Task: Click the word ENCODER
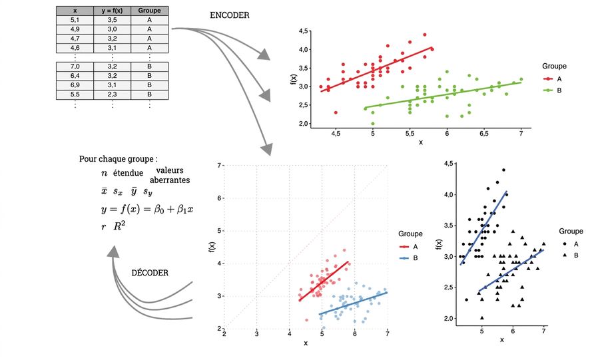[x=230, y=15]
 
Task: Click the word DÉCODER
[x=150, y=273]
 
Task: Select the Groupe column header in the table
[x=149, y=11]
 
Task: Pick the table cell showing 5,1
[x=75, y=20]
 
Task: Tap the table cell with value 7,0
[x=75, y=67]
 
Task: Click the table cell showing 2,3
[x=112, y=94]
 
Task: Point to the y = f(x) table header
[x=112, y=11]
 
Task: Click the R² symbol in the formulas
[x=119, y=226]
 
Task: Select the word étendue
[x=128, y=173]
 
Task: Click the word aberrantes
[x=170, y=180]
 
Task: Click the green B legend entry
[x=553, y=90]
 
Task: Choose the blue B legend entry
[x=409, y=258]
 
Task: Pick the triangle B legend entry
[x=570, y=256]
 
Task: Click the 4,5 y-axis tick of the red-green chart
[x=304, y=31]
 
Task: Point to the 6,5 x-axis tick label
[x=483, y=133]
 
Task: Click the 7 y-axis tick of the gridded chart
[x=219, y=166]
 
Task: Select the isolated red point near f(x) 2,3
[x=336, y=112]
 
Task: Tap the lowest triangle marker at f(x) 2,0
[x=482, y=317]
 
